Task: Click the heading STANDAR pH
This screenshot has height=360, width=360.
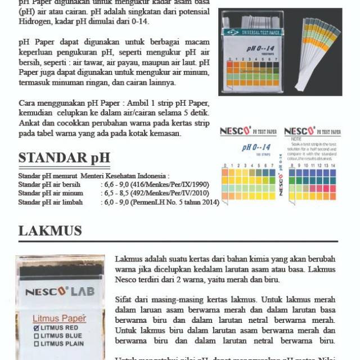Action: click(x=64, y=157)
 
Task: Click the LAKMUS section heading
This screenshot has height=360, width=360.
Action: click(x=50, y=231)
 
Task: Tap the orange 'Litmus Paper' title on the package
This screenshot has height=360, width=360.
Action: click(x=59, y=317)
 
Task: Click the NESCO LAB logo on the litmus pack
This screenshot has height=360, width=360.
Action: click(x=59, y=292)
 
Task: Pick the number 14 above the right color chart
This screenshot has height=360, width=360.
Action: click(x=334, y=166)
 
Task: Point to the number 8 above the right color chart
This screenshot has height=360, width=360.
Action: click(x=291, y=166)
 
